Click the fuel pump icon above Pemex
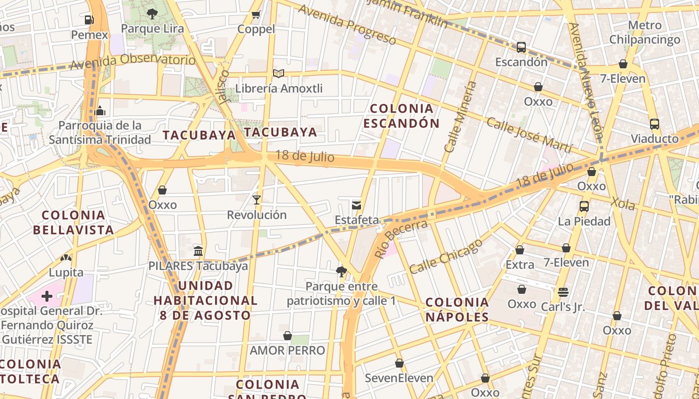coord(89,20)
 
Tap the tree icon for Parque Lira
coord(152,13)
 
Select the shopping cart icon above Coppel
coord(256,14)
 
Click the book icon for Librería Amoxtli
coord(279,74)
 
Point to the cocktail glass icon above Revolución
coord(257,200)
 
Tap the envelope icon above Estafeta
coord(356,205)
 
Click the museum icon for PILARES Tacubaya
coord(198,251)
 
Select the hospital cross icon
coord(47,296)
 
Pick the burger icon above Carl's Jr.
coord(563,292)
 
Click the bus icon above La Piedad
coord(584,206)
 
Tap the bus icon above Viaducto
coord(654,124)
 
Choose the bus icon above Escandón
coord(521,47)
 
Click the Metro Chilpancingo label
coord(645,32)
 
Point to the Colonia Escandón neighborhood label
coord(401,116)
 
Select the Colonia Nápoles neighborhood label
coord(457,309)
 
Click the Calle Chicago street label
coord(446,256)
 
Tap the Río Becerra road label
coord(401,239)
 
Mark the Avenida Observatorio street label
coord(133,62)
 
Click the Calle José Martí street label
coord(529,135)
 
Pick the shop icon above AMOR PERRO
coord(288,336)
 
